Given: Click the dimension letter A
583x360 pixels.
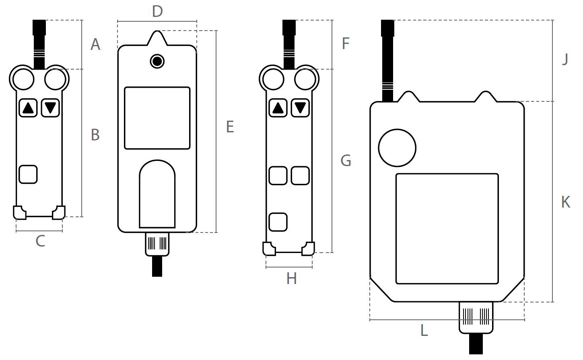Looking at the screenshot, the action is [x=95, y=44].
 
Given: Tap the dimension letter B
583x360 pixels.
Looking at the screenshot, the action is [x=95, y=135].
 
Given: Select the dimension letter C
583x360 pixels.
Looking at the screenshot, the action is [x=40, y=241].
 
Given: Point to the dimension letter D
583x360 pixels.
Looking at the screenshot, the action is [x=157, y=11].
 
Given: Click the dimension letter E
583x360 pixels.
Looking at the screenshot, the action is [x=230, y=127].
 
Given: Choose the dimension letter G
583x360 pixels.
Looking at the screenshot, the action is [x=346, y=160].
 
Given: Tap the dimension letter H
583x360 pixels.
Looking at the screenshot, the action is [x=291, y=279].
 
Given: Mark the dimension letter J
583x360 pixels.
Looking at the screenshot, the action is [x=565, y=59].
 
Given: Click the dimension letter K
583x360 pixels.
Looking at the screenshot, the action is [x=566, y=202].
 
